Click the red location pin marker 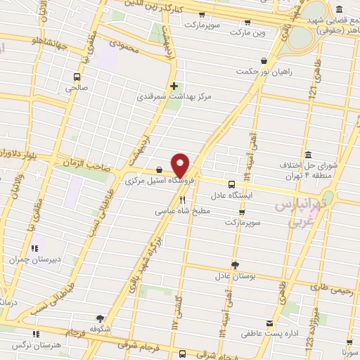181,165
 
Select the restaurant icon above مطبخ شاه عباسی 182,200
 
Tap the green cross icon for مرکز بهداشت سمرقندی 174,86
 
